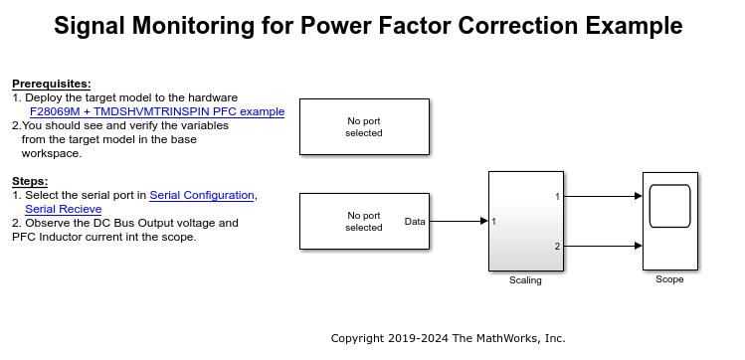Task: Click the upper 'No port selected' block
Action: tap(364, 126)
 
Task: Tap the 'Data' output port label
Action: tap(415, 221)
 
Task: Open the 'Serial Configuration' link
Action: tap(202, 195)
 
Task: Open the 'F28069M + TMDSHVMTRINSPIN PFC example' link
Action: tap(157, 111)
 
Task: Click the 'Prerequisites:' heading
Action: tap(52, 84)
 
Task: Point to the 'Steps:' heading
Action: tap(31, 181)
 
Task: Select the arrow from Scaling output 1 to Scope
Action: tap(603, 196)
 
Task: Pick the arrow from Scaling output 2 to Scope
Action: tap(603, 246)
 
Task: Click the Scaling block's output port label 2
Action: tap(557, 246)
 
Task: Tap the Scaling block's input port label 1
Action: tap(494, 221)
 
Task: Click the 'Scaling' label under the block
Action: tap(525, 280)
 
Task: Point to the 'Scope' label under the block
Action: tap(669, 279)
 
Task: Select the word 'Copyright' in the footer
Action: tap(361, 338)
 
